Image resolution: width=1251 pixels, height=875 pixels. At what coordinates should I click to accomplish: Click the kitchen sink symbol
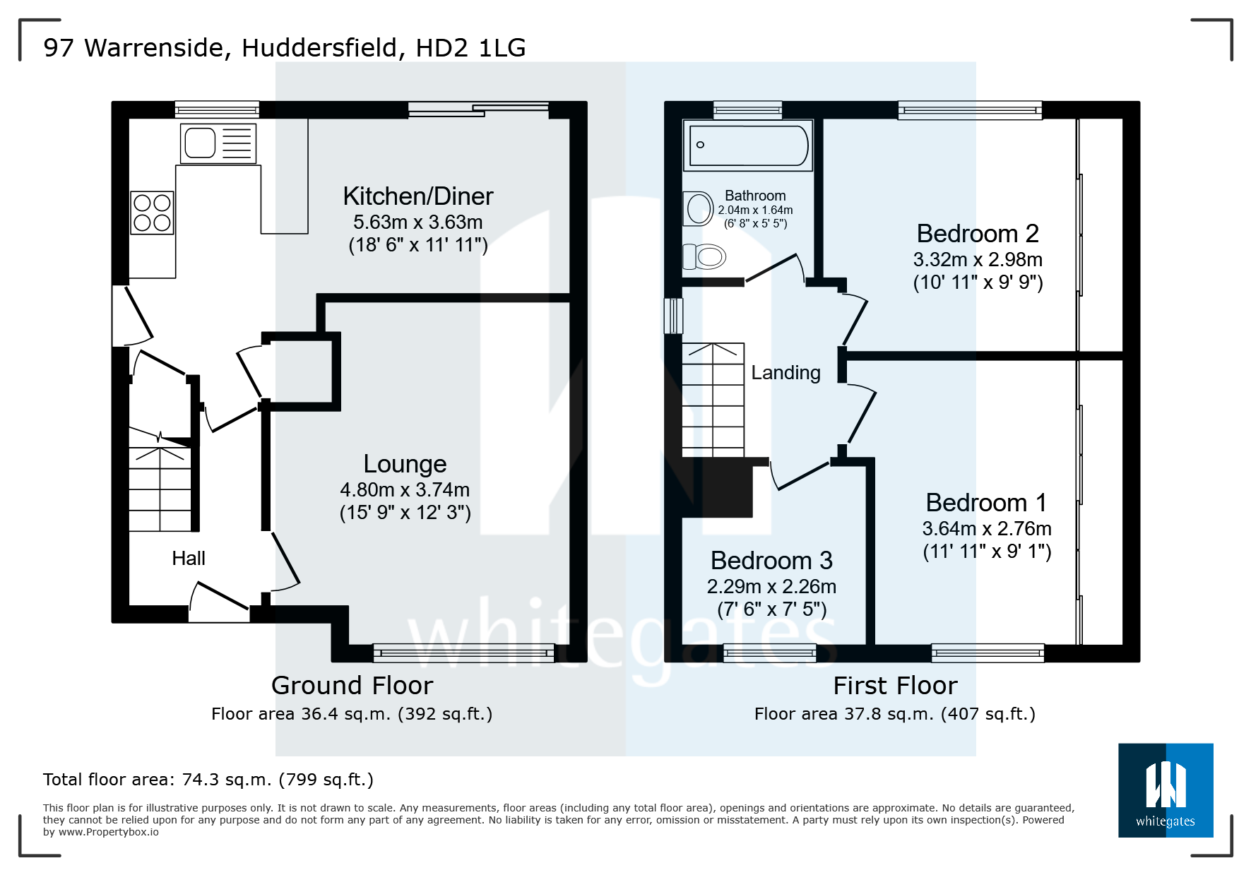click(x=218, y=143)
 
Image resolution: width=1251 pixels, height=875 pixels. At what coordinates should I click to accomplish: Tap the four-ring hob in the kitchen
click(x=152, y=213)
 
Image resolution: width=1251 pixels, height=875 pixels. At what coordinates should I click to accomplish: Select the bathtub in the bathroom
click(x=748, y=145)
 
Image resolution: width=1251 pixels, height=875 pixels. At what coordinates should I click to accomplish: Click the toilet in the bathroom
click(x=705, y=256)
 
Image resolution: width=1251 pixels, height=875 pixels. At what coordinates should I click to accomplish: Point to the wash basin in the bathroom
click(x=699, y=209)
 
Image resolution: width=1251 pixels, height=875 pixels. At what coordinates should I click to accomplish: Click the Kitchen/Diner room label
click(x=417, y=196)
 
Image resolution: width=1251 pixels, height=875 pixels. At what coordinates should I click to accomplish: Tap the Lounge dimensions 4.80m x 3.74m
click(x=405, y=489)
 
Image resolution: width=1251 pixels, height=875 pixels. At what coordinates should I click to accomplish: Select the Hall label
click(x=189, y=559)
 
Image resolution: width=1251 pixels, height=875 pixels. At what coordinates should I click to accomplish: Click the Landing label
click(x=785, y=373)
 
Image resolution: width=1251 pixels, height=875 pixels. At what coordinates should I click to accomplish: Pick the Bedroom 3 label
click(x=771, y=561)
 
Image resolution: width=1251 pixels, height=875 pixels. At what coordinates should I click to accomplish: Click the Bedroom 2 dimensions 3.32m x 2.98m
click(x=978, y=260)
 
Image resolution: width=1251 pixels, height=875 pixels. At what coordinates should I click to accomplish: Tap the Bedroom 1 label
click(x=986, y=503)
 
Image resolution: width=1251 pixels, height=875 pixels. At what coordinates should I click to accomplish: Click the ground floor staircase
click(x=160, y=487)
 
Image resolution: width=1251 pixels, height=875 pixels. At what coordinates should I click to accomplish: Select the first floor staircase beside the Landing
click(x=713, y=400)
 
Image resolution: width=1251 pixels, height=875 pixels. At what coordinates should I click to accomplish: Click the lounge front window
click(x=463, y=653)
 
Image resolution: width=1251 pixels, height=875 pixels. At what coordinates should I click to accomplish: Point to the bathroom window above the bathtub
click(x=747, y=109)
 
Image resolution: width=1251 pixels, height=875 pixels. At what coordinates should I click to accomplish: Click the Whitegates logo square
click(x=1166, y=790)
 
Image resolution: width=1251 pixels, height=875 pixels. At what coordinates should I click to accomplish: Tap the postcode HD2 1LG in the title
click(x=470, y=48)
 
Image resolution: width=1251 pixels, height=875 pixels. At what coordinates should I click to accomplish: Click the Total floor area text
click(x=208, y=780)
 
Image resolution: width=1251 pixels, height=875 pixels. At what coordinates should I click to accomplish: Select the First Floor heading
click(x=895, y=686)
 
